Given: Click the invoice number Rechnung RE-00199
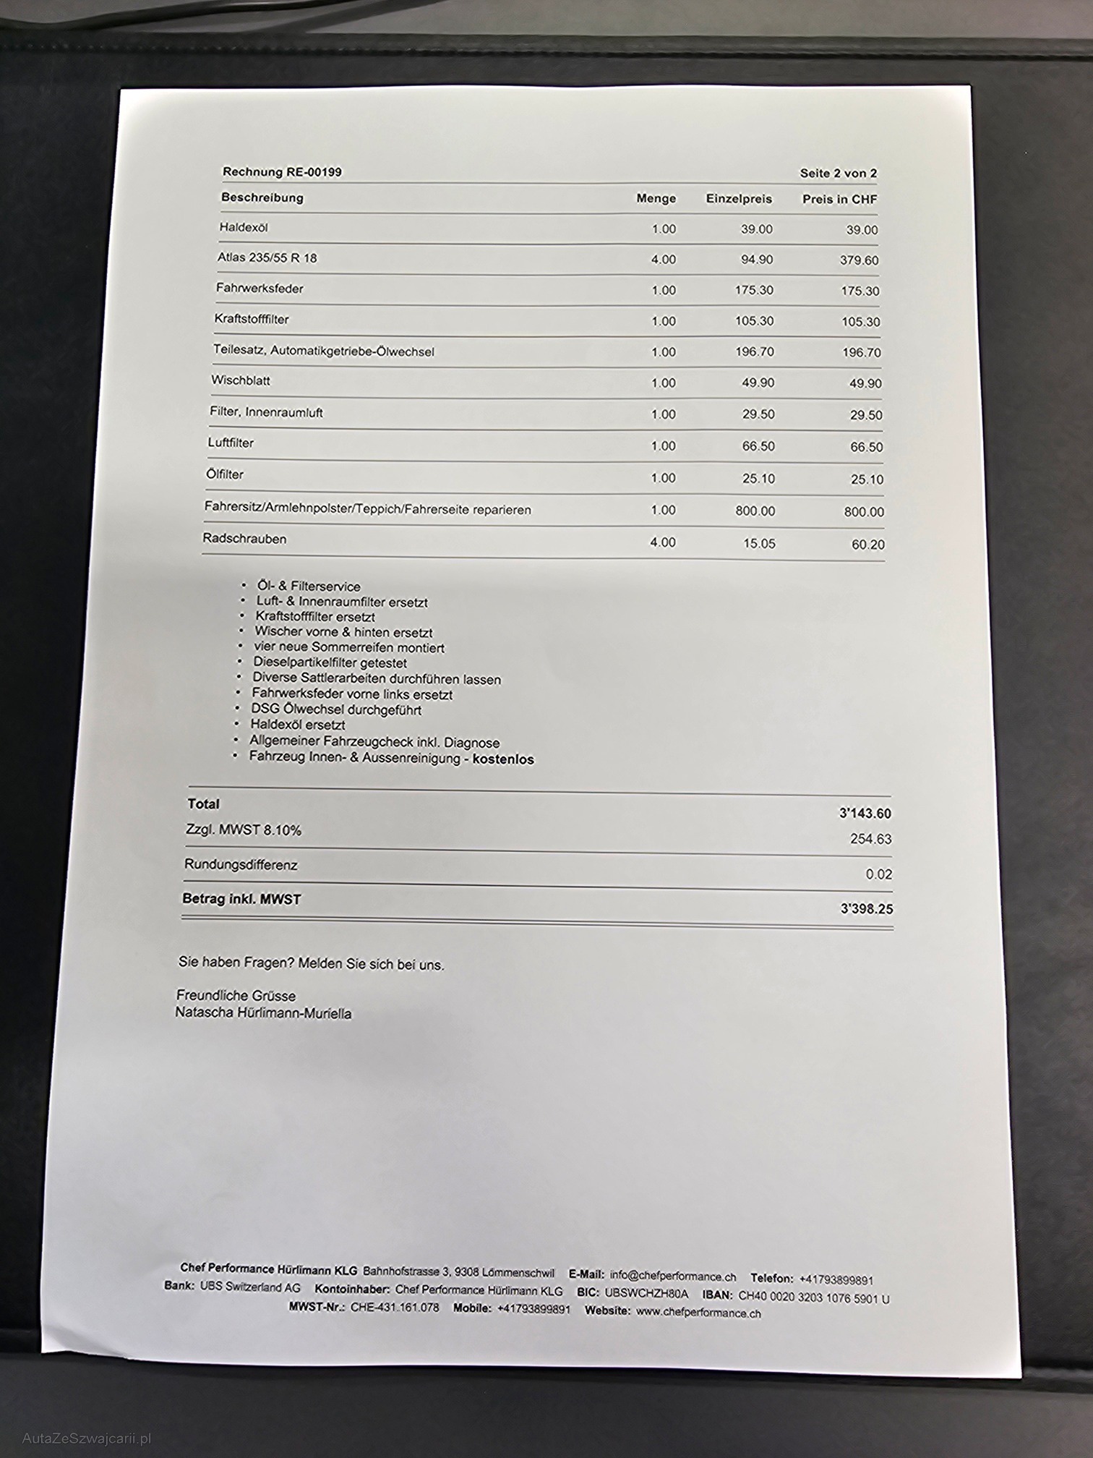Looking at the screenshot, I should [x=282, y=172].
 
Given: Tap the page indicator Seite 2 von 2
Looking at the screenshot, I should [x=838, y=174].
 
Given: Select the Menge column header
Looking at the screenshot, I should [x=656, y=198].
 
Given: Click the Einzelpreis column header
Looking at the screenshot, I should [x=739, y=199].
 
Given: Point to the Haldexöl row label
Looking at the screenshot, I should [x=244, y=227].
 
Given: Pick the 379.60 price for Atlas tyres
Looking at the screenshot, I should [x=859, y=260].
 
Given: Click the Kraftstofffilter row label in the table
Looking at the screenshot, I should [x=252, y=319].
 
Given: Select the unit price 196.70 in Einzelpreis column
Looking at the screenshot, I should [x=754, y=352].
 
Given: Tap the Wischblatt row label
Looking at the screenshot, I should [x=241, y=380].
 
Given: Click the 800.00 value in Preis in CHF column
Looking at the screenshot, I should [x=864, y=512].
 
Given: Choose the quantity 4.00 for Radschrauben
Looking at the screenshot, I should [x=663, y=542].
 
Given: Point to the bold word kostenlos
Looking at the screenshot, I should [x=503, y=759].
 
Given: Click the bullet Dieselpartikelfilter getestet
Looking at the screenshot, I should [x=330, y=662].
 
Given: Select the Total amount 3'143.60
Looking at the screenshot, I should [x=865, y=814].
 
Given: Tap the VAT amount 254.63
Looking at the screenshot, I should [x=870, y=840].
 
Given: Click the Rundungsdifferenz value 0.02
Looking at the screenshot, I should [x=878, y=874].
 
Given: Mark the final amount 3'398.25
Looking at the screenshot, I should [x=866, y=909].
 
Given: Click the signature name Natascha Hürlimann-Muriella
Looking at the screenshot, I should [x=263, y=1013].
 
